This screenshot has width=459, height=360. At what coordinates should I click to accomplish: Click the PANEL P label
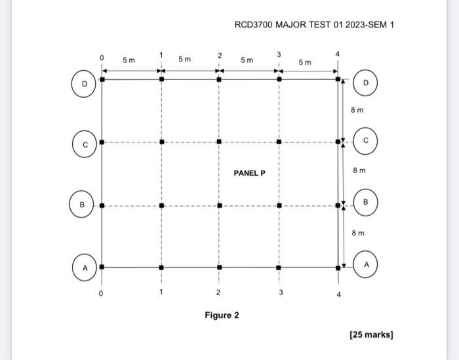249,173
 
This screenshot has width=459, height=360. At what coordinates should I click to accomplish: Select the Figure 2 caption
222,315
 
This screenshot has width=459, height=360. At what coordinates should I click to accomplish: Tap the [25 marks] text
371,335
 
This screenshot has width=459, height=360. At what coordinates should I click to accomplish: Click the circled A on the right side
366,264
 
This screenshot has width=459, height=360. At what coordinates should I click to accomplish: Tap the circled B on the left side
83,205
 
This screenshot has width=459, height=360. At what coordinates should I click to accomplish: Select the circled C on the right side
366,140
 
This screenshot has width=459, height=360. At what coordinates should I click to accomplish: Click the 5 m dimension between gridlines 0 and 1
129,60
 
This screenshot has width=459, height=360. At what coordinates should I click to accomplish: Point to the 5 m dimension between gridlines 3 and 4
306,62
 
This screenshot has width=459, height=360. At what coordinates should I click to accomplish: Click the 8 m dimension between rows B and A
357,233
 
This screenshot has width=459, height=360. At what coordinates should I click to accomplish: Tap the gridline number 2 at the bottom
219,292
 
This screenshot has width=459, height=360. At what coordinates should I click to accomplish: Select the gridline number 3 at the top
279,54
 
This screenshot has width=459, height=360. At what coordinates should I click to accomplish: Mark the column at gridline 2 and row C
219,141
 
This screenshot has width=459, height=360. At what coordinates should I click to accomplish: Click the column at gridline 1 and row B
161,205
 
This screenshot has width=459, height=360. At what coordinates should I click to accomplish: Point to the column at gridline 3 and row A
279,268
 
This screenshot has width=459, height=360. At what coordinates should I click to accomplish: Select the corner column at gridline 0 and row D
101,80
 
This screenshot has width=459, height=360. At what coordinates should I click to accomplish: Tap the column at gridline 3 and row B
279,205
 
